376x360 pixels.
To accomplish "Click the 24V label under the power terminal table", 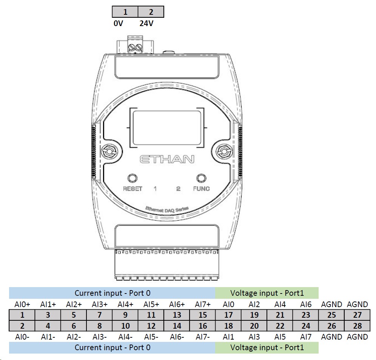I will [146, 23].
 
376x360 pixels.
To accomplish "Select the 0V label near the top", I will [119, 23].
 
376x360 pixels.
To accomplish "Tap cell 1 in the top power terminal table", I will [125, 12].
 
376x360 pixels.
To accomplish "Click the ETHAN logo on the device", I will [167, 159].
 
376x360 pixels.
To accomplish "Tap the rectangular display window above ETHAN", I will [166, 128].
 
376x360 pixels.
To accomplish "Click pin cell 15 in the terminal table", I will [203, 315].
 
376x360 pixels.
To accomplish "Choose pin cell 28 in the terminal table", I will [357, 326].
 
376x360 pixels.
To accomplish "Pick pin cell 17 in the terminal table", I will [228, 315].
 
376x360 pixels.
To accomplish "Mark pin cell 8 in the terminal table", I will [100, 326].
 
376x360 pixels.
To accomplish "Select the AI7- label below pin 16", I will [203, 337].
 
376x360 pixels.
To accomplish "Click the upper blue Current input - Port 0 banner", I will [112, 293].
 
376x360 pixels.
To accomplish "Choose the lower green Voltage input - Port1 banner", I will [267, 348].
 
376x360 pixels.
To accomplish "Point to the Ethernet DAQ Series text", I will [166, 210].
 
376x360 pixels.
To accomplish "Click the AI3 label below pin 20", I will [254, 337].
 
